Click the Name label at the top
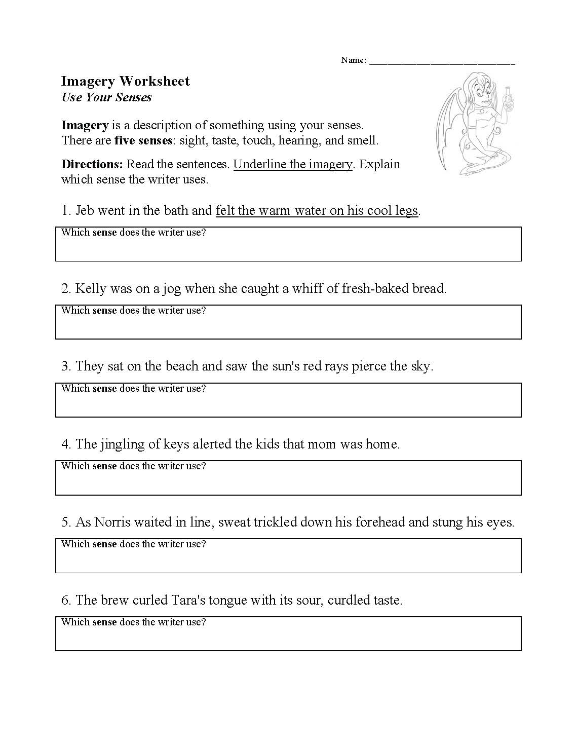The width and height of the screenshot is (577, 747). [353, 60]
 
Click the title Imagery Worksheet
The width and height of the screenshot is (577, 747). [125, 81]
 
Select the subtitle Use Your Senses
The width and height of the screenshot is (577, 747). [106, 97]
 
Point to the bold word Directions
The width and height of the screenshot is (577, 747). [92, 164]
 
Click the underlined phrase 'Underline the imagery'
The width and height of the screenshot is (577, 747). [292, 164]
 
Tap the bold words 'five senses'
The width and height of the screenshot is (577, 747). [143, 140]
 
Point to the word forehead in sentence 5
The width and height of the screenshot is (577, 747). [380, 522]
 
